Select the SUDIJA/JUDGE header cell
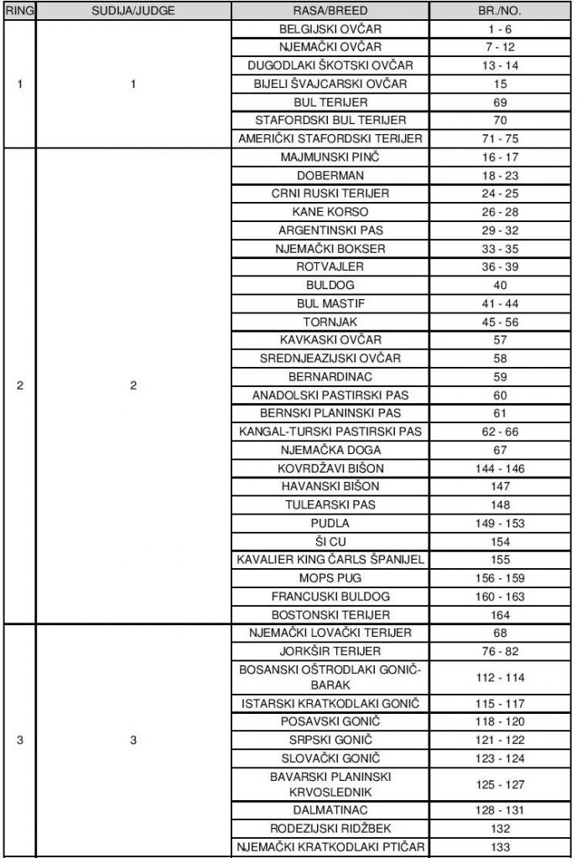(x=133, y=13)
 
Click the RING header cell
(x=18, y=13)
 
